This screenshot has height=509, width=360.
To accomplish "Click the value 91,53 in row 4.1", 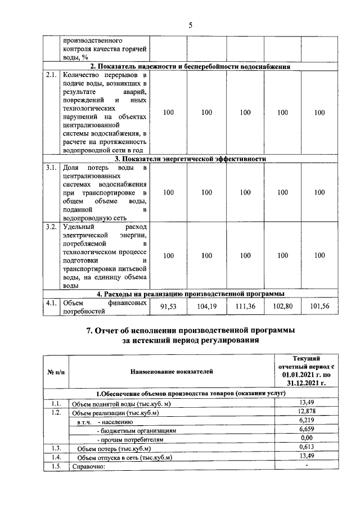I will (x=168, y=307).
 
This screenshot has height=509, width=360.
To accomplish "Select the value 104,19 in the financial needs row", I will (x=206, y=307).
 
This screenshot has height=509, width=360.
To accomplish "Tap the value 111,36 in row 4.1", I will (x=245, y=307).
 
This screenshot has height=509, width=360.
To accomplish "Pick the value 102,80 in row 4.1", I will (x=282, y=307).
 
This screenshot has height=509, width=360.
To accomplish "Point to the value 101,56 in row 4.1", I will (x=319, y=307).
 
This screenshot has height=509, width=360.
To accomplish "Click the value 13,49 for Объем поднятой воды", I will (x=306, y=403).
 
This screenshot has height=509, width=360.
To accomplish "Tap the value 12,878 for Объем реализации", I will (x=306, y=412).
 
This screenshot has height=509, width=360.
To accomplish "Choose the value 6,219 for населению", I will (x=306, y=421).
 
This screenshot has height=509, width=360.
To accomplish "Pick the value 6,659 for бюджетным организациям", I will (x=306, y=430).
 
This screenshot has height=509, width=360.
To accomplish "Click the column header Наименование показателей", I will (x=172, y=372).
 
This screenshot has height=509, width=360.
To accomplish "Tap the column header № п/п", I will (x=55, y=372).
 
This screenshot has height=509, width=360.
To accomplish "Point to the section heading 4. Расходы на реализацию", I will (x=190, y=293).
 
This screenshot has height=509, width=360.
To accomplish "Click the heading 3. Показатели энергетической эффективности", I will (x=190, y=159).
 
